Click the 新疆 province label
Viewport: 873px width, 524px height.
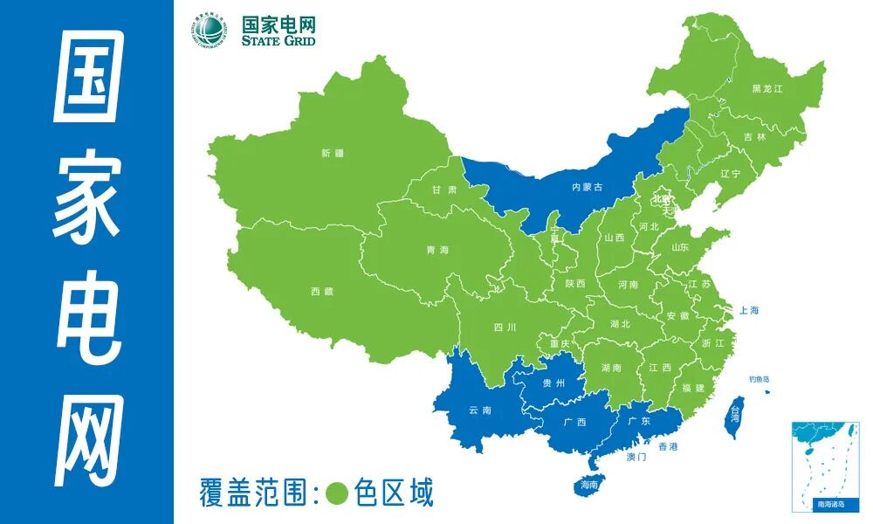point(333,154)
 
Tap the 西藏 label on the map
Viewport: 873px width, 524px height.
point(321,292)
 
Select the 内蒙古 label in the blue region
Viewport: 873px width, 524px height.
point(587,187)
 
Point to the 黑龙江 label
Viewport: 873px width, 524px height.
point(767,89)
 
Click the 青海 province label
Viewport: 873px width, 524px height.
point(437,251)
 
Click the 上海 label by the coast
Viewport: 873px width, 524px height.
point(748,310)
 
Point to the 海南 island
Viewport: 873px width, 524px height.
point(589,484)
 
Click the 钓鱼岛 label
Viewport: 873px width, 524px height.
point(759,379)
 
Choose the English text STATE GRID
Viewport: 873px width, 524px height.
point(278,40)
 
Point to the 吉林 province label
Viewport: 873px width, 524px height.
point(754,137)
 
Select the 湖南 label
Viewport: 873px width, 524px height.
point(611,368)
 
